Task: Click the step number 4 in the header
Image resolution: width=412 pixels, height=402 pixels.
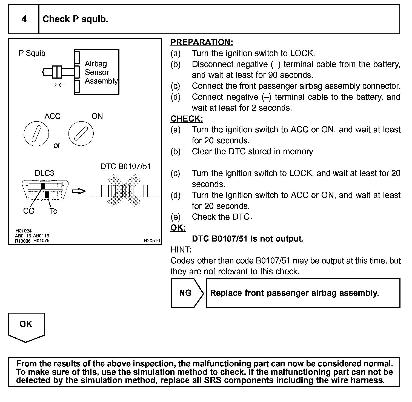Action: (x=24, y=19)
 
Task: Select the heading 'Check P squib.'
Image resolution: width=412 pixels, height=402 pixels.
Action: (x=75, y=19)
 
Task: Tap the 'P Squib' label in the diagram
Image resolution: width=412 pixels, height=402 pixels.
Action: (x=32, y=53)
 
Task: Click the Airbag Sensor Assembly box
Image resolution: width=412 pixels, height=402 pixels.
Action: (x=97, y=72)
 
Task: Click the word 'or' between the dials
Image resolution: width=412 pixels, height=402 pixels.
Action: (x=57, y=145)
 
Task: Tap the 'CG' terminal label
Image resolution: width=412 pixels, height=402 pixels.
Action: (x=29, y=211)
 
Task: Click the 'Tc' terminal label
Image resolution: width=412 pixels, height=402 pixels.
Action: (x=53, y=211)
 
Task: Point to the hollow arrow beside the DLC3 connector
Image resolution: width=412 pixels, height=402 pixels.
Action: (x=79, y=191)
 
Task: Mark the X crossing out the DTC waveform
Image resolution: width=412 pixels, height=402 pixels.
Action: (x=124, y=191)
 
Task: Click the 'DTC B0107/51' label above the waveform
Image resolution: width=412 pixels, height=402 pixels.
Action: (x=125, y=166)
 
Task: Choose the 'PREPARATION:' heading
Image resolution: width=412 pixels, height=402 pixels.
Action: (x=202, y=42)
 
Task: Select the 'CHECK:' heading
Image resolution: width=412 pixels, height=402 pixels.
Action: (x=187, y=119)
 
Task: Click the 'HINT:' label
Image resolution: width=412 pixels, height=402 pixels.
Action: (x=181, y=249)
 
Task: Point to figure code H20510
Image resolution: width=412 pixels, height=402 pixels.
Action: (x=151, y=241)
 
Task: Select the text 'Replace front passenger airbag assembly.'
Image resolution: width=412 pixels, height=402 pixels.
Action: (x=294, y=293)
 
